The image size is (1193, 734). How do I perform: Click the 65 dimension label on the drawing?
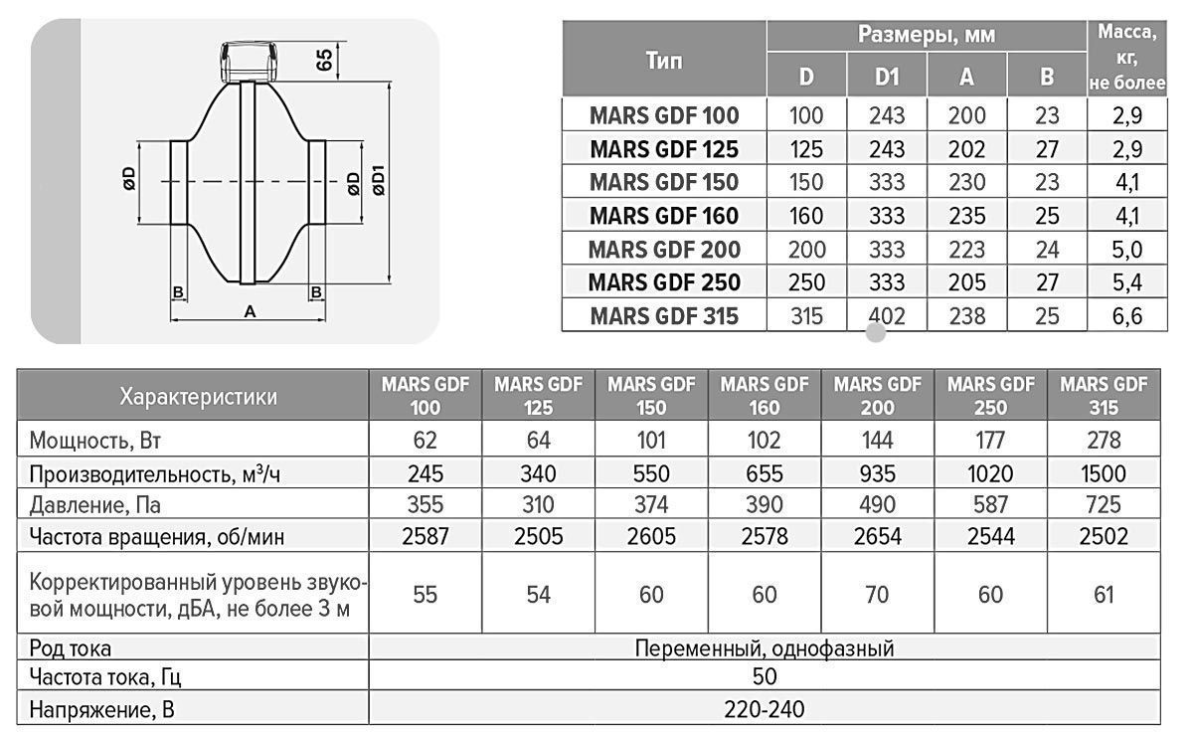pos(324,59)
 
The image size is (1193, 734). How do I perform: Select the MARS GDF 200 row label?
pos(664,249)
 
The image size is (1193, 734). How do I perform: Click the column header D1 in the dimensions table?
pos(887,77)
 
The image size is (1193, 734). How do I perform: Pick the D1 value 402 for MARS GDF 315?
pos(887,316)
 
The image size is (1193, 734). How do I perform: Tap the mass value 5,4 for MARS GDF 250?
pos(1126,282)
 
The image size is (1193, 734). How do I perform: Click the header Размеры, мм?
pos(927,36)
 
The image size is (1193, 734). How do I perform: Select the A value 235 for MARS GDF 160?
pos(966,216)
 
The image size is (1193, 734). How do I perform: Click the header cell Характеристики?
pos(198,397)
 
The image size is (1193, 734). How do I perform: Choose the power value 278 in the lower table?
pos(1104,440)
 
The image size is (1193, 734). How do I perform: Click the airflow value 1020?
pos(990,473)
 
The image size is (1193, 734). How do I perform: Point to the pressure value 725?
pos(1104,505)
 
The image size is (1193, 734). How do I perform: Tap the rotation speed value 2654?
pos(877,538)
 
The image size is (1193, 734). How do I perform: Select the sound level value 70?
pos(877,595)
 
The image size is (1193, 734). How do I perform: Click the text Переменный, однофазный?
pos(765,648)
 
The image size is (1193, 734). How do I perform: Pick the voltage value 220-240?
pos(765,710)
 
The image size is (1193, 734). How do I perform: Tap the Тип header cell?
pos(664,60)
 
